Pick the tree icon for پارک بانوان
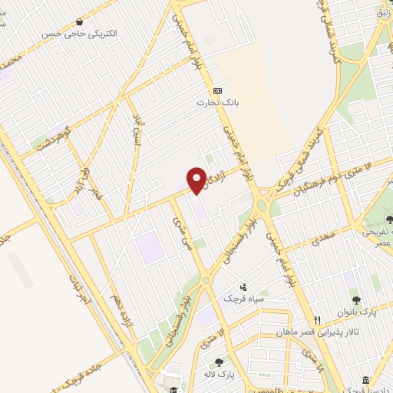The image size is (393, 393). [355, 300]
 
